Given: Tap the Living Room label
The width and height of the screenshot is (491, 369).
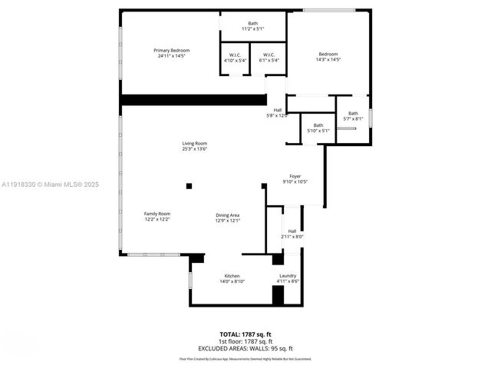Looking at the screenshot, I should [194, 146].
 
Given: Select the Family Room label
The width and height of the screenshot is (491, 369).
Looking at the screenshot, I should [157, 216].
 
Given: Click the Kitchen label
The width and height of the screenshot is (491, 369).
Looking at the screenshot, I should [232, 278].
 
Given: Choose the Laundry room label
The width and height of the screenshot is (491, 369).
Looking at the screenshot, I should [288, 278].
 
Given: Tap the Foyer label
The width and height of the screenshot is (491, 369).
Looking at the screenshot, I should [295, 179].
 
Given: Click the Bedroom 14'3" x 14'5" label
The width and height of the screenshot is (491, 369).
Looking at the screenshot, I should [328, 56].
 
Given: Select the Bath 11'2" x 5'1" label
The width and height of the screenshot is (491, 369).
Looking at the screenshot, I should [253, 26].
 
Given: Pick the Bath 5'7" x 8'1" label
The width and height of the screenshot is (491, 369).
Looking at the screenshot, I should [353, 116].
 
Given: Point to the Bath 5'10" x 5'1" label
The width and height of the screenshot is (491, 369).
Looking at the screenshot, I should [318, 128].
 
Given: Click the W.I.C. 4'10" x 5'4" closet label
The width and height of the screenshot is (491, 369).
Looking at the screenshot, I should [233, 57].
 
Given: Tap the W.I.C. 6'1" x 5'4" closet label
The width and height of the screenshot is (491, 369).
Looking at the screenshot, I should [269, 57].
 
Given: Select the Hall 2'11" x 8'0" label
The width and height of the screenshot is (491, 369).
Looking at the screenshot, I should [292, 234].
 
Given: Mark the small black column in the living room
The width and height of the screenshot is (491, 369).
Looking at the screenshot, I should [189, 185].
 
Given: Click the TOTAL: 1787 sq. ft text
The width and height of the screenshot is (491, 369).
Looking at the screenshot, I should [245, 335].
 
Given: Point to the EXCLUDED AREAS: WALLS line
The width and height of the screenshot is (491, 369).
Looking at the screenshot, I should [245, 347].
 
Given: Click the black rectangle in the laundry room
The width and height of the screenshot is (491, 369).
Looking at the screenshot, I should [278, 297].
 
